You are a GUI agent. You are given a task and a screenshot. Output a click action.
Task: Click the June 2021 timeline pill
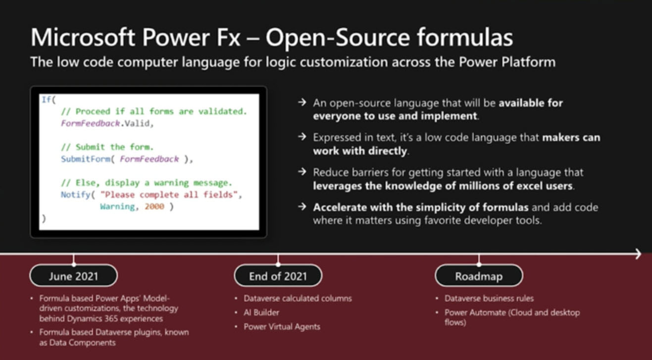click(73, 276)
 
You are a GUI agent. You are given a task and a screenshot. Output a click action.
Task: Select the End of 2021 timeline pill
click(278, 276)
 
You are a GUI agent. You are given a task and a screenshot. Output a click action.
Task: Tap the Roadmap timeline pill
click(478, 276)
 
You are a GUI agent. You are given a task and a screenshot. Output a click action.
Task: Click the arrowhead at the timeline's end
click(638, 254)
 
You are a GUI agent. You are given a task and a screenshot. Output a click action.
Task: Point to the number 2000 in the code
click(154, 206)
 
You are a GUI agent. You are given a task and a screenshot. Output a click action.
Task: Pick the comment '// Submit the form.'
click(107, 147)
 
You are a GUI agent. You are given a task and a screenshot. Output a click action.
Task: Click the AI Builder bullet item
click(261, 312)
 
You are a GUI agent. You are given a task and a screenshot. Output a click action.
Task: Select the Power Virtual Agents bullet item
click(282, 326)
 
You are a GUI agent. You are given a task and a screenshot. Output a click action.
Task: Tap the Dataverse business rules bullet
click(489, 298)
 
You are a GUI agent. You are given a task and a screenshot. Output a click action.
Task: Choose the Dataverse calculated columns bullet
click(298, 298)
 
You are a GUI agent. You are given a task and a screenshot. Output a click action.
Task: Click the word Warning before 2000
click(117, 206)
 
